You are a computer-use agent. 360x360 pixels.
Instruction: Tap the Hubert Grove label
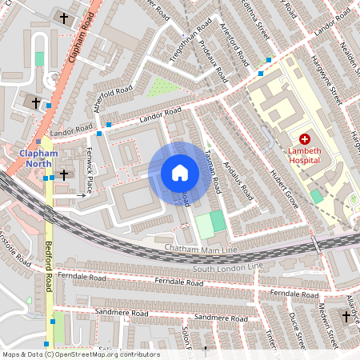[x=283, y=189]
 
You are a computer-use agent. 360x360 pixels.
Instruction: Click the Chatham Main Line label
[x=197, y=250]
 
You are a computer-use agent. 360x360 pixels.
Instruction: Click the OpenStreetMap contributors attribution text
[x=80, y=354]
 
